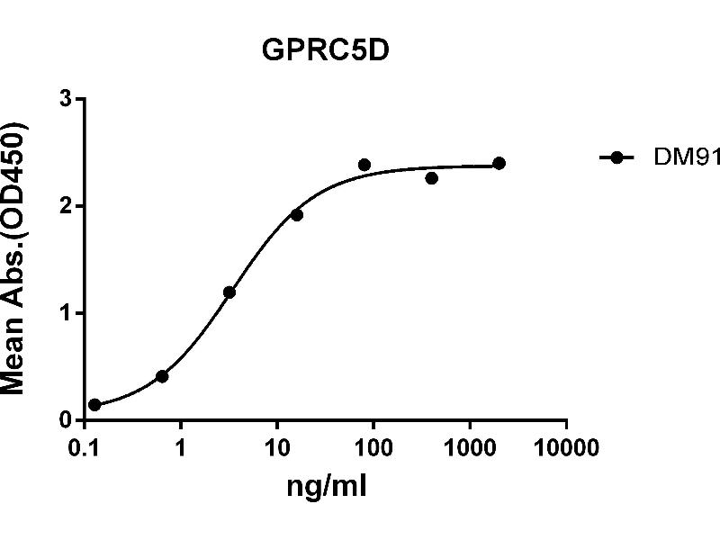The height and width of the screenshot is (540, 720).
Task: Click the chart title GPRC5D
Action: (x=325, y=50)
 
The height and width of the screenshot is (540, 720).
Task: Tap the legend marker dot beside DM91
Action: (x=616, y=157)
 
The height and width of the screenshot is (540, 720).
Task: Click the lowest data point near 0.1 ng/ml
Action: (x=94, y=405)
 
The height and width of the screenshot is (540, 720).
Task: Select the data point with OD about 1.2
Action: (x=229, y=292)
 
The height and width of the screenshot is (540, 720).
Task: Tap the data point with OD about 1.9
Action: (x=297, y=215)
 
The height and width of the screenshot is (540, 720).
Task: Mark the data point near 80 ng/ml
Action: (x=364, y=165)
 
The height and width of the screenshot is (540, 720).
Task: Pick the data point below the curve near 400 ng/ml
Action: (x=432, y=178)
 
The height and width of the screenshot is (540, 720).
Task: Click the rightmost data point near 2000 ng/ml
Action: (x=499, y=163)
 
